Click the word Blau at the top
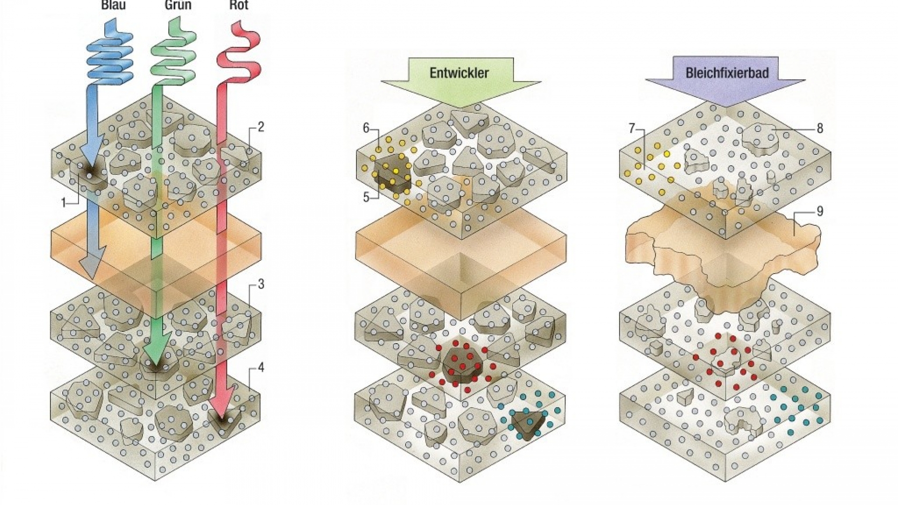pyautogui.click(x=113, y=6)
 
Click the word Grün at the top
pyautogui.click(x=178, y=6)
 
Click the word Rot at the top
pyautogui.click(x=239, y=6)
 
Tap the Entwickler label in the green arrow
pyautogui.click(x=459, y=73)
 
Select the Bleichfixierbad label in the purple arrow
pyautogui.click(x=727, y=73)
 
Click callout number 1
pyautogui.click(x=64, y=202)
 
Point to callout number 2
pyautogui.click(x=261, y=127)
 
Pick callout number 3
pyautogui.click(x=261, y=284)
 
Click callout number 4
pyautogui.click(x=261, y=368)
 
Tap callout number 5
pyautogui.click(x=366, y=197)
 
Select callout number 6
pyautogui.click(x=366, y=128)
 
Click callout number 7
pyautogui.click(x=631, y=128)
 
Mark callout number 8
pyautogui.click(x=819, y=128)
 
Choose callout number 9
pyautogui.click(x=819, y=211)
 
